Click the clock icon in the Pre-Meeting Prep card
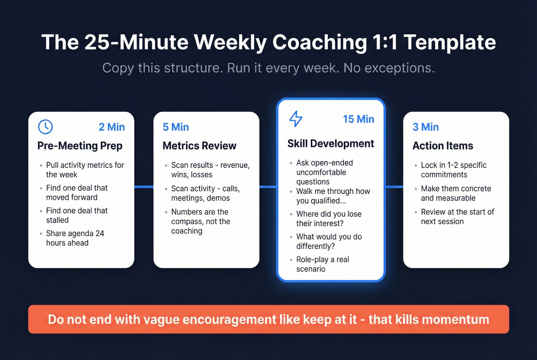click(x=45, y=127)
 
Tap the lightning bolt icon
click(x=295, y=119)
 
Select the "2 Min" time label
click(x=112, y=127)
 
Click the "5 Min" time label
click(x=176, y=127)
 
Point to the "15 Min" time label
click(x=358, y=119)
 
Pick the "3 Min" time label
click(x=425, y=127)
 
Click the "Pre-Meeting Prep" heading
click(x=80, y=146)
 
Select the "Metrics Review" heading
click(x=199, y=146)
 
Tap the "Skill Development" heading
click(x=331, y=143)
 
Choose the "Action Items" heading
click(x=443, y=146)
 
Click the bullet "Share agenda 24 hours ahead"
click(x=75, y=238)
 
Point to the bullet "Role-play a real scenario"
click(x=322, y=264)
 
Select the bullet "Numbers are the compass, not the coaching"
click(x=200, y=221)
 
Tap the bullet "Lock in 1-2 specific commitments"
click(x=453, y=170)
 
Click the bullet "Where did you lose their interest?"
click(x=328, y=219)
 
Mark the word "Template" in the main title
click(x=450, y=42)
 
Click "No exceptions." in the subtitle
click(x=389, y=68)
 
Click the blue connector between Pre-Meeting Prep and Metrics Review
click(x=144, y=187)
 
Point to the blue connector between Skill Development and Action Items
click(x=394, y=187)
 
